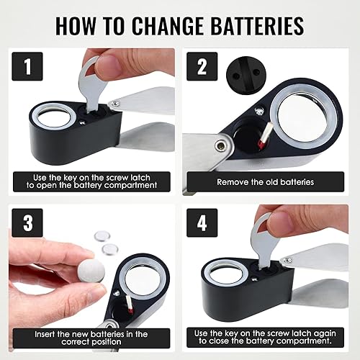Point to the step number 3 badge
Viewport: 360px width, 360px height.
click(27, 222)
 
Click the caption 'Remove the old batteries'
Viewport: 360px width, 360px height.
click(268, 182)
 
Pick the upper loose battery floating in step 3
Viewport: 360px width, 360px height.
click(104, 235)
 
